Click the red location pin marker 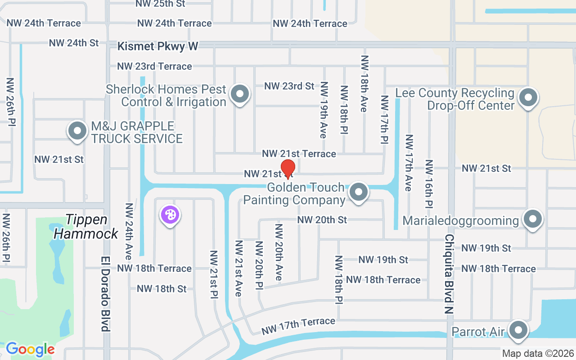(x=288, y=169)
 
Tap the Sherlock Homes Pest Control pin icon (x=240, y=94)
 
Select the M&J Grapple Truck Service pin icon (x=77, y=131)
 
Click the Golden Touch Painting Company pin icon (x=359, y=192)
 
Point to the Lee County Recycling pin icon (x=528, y=97)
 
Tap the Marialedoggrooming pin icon (x=533, y=219)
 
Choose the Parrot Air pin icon (x=518, y=330)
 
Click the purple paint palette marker (x=170, y=215)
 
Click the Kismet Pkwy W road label (x=157, y=46)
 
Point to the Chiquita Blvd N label (x=449, y=274)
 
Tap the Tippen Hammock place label (x=87, y=226)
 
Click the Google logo (x=30, y=349)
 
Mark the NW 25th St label (x=160, y=4)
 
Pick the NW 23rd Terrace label (x=154, y=66)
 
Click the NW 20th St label (x=322, y=220)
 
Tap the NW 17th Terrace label (x=298, y=326)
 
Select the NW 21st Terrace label (x=299, y=153)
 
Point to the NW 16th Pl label (x=429, y=184)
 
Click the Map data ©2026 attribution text (x=538, y=353)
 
